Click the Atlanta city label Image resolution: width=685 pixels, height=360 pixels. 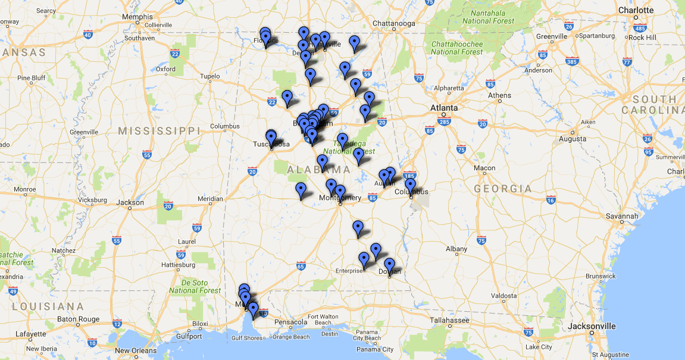[445, 108]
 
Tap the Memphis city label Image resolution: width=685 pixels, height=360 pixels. [137, 17]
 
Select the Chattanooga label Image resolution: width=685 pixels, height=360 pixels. [393, 24]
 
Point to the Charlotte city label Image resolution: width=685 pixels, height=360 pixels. [636, 10]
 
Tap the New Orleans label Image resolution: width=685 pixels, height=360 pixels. [136, 350]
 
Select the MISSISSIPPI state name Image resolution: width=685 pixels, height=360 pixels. [159, 130]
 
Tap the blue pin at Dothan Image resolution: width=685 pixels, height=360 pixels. [389, 265]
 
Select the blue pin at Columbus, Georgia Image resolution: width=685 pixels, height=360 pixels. [410, 185]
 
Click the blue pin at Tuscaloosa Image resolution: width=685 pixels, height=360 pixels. [271, 137]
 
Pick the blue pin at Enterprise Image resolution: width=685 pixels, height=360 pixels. [364, 259]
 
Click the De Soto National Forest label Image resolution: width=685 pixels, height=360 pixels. [195, 286]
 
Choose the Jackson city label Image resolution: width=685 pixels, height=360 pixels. [130, 202]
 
